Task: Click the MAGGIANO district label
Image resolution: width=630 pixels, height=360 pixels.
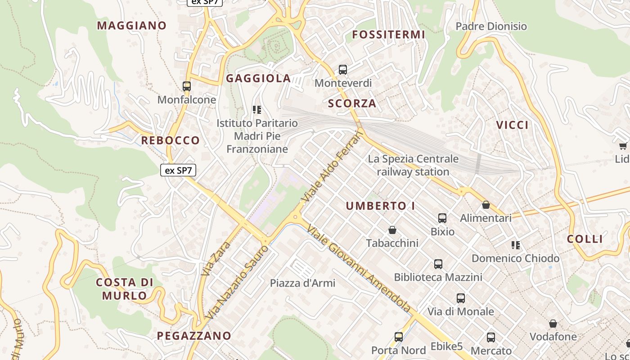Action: click(132, 26)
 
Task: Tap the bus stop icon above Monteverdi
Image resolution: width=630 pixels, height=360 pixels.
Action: click(343, 70)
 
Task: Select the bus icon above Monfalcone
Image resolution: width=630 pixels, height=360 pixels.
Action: click(187, 86)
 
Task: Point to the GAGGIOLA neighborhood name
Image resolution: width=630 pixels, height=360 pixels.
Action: click(258, 78)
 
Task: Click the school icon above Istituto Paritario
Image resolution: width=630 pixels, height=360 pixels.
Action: click(257, 110)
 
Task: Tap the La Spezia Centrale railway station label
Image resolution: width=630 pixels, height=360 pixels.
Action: click(413, 165)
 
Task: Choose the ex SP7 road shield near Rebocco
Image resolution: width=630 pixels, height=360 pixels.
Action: click(178, 170)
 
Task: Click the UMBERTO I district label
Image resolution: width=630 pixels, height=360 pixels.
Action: click(381, 206)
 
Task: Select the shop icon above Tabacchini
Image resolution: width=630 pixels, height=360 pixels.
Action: click(392, 230)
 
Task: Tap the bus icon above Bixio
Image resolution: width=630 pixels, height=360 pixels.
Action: click(442, 218)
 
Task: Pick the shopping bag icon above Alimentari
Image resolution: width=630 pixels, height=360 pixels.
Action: click(486, 205)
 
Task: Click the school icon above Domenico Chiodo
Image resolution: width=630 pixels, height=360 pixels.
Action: click(516, 245)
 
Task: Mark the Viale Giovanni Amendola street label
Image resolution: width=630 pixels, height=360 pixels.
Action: click(359, 268)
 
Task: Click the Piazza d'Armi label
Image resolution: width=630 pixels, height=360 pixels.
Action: click(302, 283)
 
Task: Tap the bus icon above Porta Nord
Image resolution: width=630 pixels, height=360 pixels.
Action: click(399, 337)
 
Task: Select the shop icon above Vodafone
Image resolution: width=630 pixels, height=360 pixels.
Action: click(553, 324)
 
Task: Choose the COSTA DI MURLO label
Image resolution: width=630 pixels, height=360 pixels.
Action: click(124, 289)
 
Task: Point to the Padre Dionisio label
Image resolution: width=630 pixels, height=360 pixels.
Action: click(491, 27)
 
